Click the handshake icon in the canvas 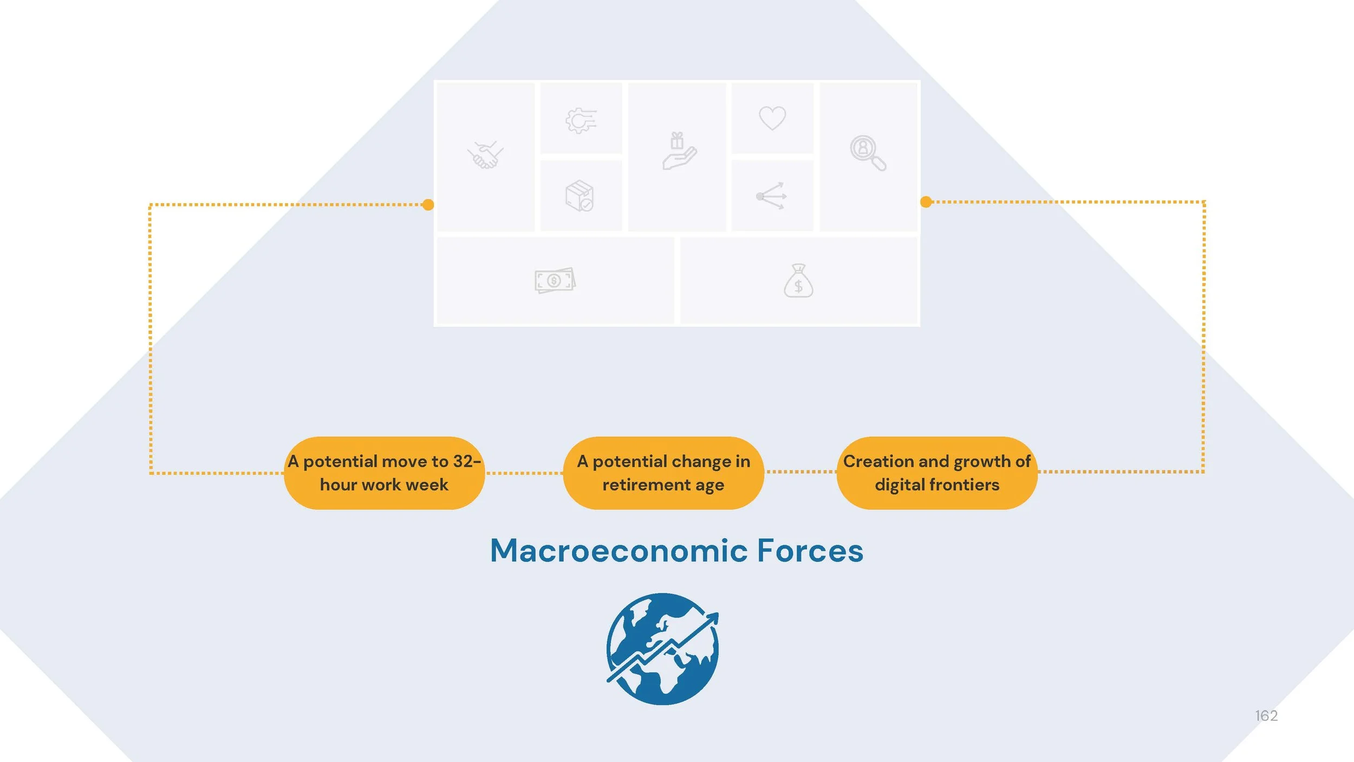pyautogui.click(x=485, y=155)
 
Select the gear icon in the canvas pyautogui.click(x=581, y=120)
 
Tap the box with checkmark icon pyautogui.click(x=580, y=196)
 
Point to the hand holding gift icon pyautogui.click(x=679, y=151)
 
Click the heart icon pyautogui.click(x=772, y=118)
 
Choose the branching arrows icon pyautogui.click(x=771, y=196)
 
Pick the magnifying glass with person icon pyautogui.click(x=868, y=153)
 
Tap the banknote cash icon pyautogui.click(x=555, y=280)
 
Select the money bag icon pyautogui.click(x=798, y=281)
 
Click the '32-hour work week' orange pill pyautogui.click(x=384, y=473)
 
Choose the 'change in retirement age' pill pyautogui.click(x=663, y=473)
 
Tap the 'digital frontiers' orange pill pyautogui.click(x=936, y=473)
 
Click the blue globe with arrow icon pyautogui.click(x=662, y=649)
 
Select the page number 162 pyautogui.click(x=1266, y=716)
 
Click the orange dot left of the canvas pyautogui.click(x=428, y=205)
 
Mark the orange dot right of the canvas pyautogui.click(x=926, y=202)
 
